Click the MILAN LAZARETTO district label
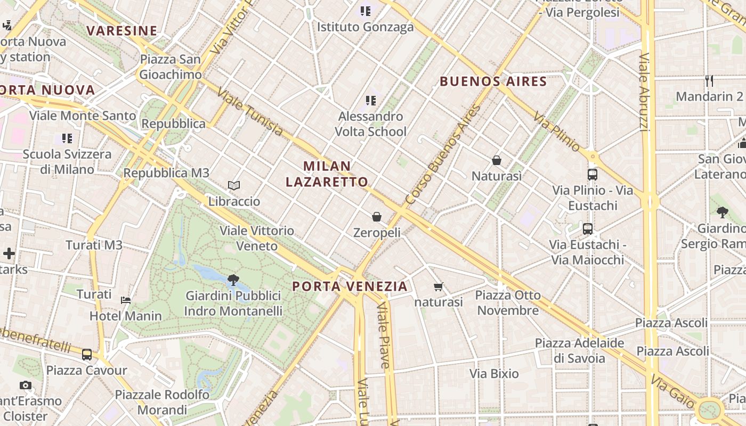(327, 174)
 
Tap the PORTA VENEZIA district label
(350, 286)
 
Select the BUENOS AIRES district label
(493, 81)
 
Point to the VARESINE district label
(122, 31)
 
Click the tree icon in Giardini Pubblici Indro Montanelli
(233, 280)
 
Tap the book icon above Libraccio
(234, 185)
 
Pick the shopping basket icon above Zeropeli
(377, 217)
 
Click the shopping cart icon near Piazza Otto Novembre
(439, 287)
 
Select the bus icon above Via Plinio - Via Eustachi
(592, 174)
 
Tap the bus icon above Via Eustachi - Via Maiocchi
(588, 229)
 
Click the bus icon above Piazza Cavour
(86, 354)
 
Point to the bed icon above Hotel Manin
(126, 300)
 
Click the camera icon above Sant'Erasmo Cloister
(25, 385)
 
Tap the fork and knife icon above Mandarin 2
(709, 81)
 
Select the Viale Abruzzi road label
(644, 92)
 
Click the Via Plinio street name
(556, 132)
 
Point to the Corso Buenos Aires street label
(443, 155)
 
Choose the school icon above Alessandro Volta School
(371, 100)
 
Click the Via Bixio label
(494, 374)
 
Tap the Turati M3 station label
(94, 245)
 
